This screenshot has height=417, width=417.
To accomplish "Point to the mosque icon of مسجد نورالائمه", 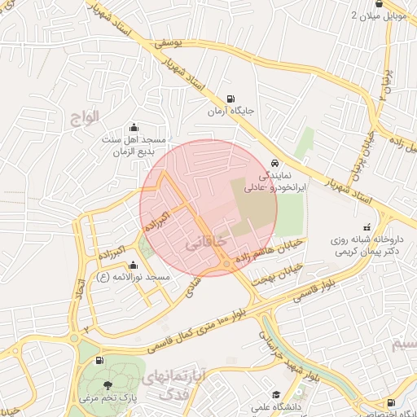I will pos(134,266).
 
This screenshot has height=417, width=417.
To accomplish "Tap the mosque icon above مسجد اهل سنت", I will pos(134,127).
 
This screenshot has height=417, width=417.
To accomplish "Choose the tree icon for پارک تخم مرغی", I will pos(108,384).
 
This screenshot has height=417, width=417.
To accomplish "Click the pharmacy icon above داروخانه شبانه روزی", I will pos(367,227).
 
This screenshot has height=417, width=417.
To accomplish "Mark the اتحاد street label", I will pos(81,294).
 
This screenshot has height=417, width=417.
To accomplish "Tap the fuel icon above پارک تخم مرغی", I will pos(99,360).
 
